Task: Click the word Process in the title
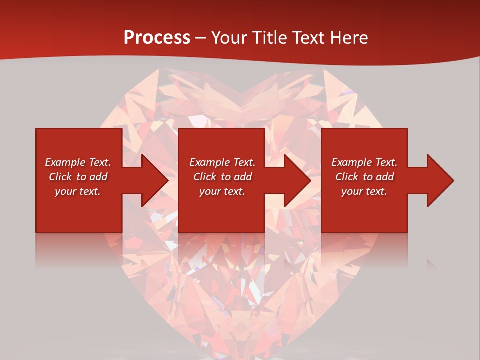coord(157,38)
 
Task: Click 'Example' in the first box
coord(65,162)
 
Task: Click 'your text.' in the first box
coord(78,191)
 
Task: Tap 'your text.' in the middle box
coord(222,191)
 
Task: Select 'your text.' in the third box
coord(364,191)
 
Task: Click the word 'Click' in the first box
coord(60,177)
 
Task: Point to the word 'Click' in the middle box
coord(205,177)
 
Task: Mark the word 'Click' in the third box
coord(347,177)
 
